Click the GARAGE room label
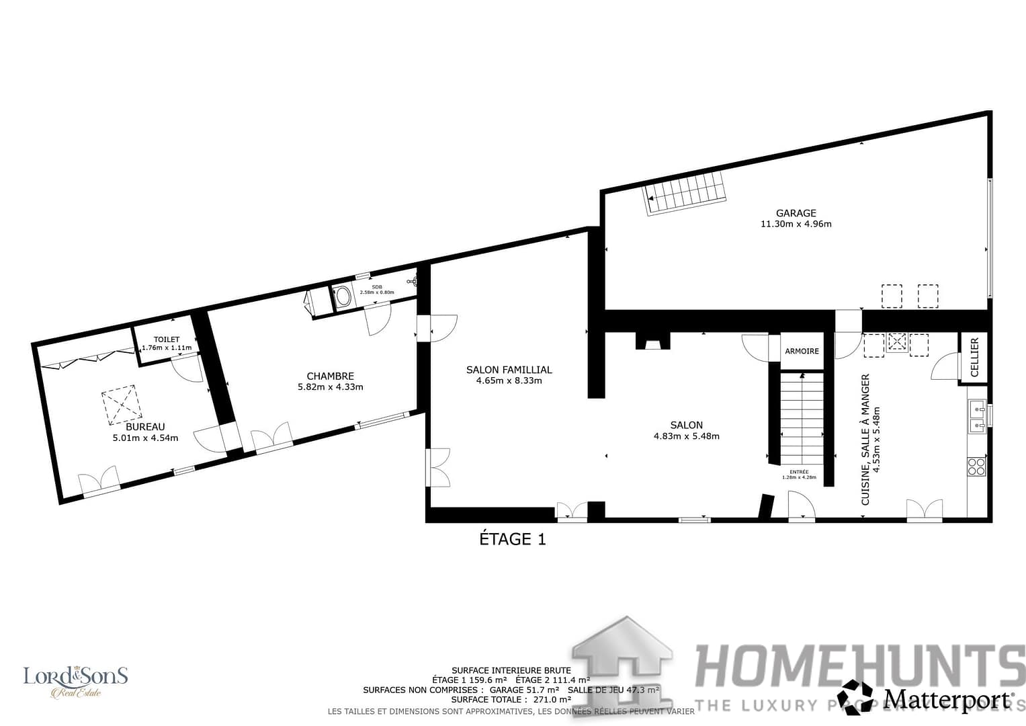point(796,213)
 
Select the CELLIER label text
point(975,357)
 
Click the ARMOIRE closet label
point(802,351)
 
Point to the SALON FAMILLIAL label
point(509,370)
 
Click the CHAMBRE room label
point(330,376)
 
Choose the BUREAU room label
point(145,427)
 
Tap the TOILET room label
point(167,339)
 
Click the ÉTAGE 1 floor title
point(512,539)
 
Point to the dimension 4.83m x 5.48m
point(686,436)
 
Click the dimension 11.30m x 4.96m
point(796,224)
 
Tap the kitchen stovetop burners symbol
point(976,466)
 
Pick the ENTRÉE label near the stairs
point(799,472)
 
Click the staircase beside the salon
point(802,417)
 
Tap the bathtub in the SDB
point(343,296)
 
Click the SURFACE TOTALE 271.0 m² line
point(511,700)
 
